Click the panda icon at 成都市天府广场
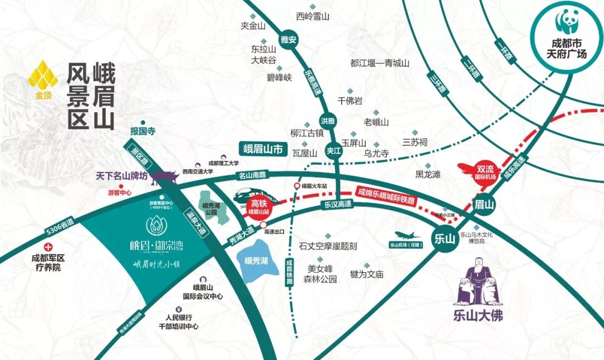[568, 23]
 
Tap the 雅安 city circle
[289, 39]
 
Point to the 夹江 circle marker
[334, 151]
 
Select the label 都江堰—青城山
[380, 64]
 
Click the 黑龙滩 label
[428, 174]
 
